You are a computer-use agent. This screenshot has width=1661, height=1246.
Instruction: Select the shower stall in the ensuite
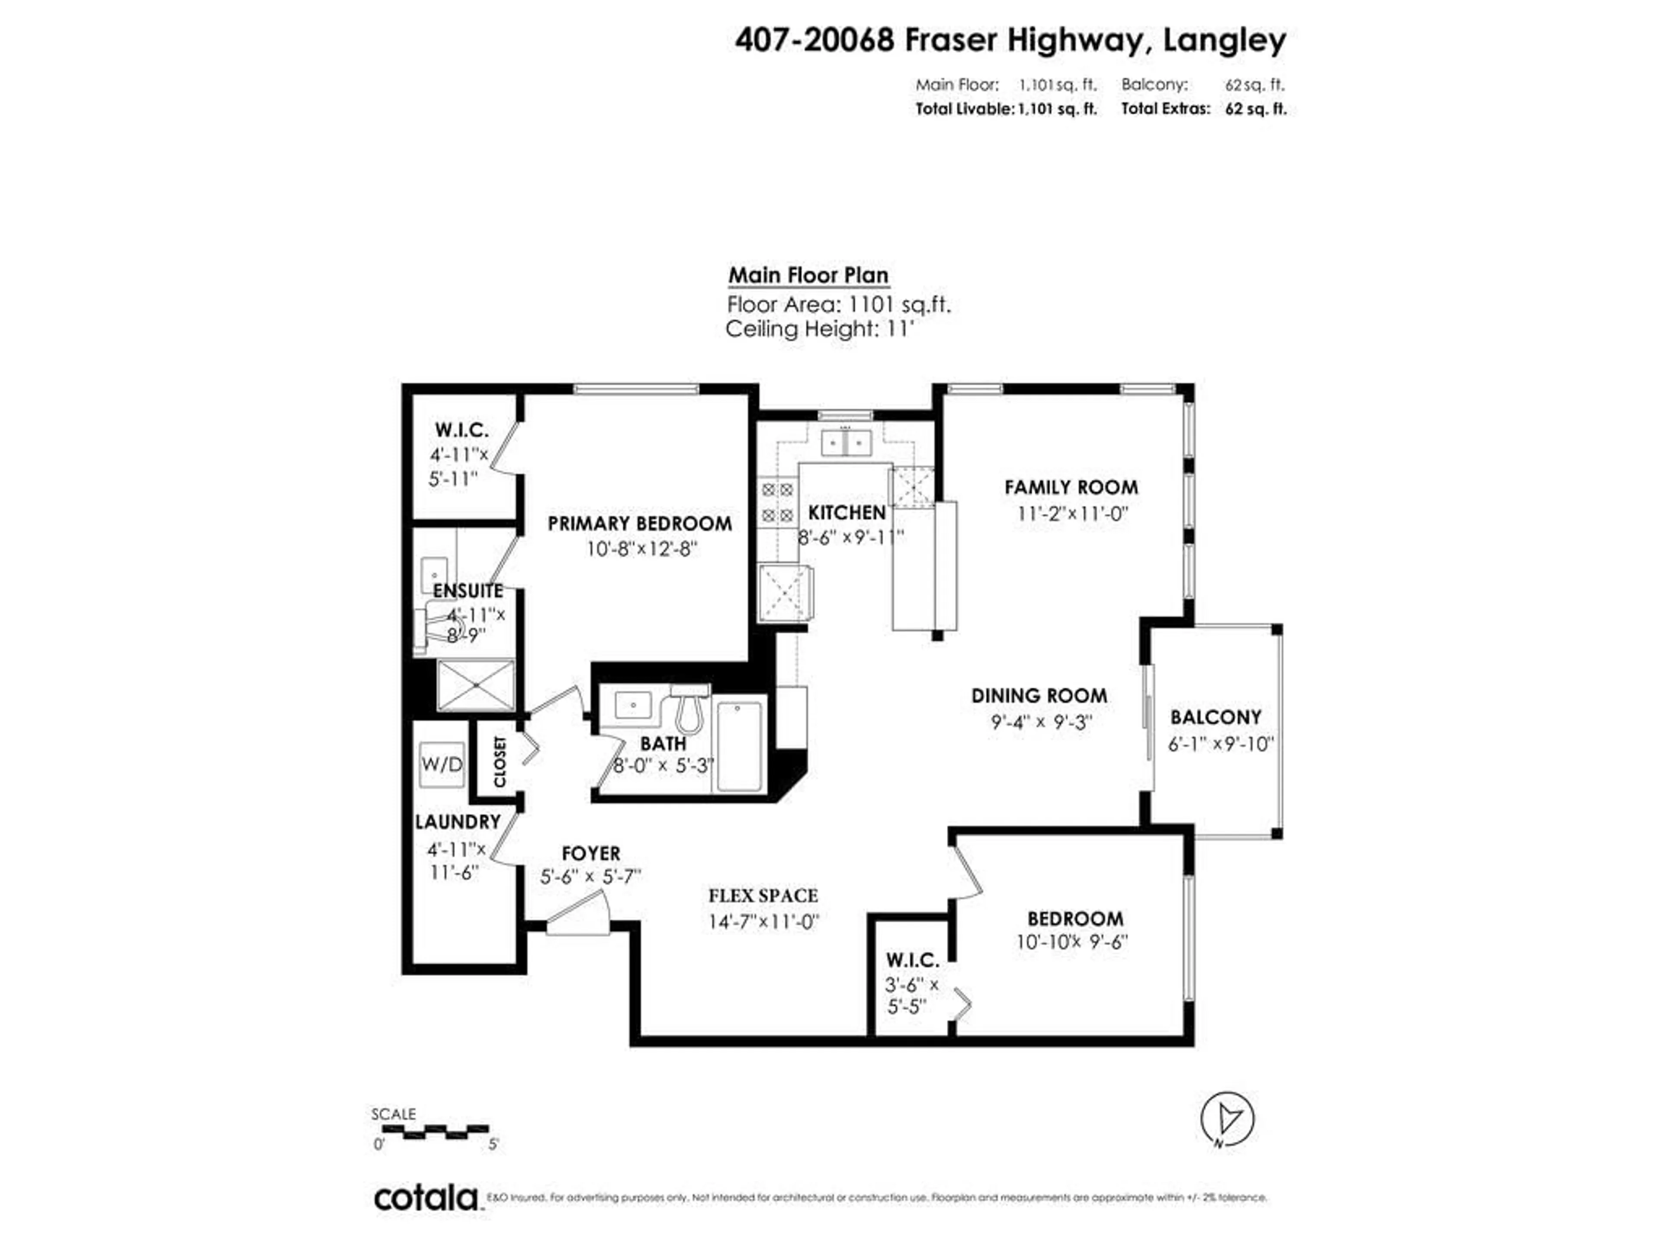(x=475, y=685)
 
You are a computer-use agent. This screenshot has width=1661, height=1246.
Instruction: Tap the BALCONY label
(x=1216, y=717)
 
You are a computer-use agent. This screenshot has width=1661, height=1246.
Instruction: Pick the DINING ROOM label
(x=1039, y=696)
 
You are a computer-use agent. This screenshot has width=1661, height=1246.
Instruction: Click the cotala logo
(x=426, y=1198)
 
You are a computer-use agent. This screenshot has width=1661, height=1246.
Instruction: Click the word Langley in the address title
(x=1224, y=41)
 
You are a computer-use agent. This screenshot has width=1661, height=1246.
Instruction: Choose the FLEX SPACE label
(x=763, y=896)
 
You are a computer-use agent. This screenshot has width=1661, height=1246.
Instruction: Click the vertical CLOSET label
(x=500, y=762)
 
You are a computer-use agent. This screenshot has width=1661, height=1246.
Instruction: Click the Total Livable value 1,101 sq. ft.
(x=1057, y=109)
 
